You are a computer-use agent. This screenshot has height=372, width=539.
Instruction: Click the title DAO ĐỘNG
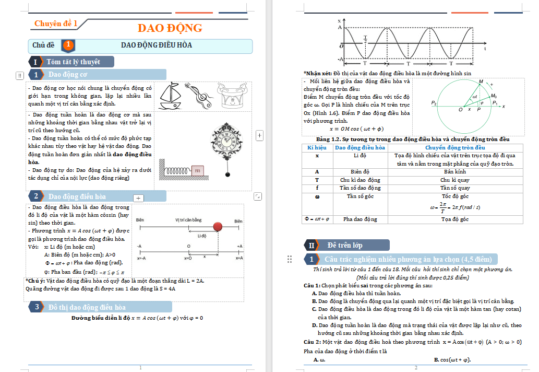pyautogui.click(x=170, y=28)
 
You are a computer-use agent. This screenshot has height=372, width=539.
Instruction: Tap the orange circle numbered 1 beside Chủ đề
pyautogui.click(x=68, y=45)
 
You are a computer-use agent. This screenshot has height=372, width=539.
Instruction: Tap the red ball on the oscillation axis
pyautogui.click(x=218, y=227)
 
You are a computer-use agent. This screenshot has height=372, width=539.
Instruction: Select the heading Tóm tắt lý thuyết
pyautogui.click(x=73, y=62)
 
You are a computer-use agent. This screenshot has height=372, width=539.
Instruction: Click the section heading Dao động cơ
pyautogui.click(x=68, y=75)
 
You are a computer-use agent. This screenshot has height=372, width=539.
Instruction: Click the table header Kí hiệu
pyautogui.click(x=317, y=148)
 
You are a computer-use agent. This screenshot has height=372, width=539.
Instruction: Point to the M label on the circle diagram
pyautogui.click(x=481, y=81)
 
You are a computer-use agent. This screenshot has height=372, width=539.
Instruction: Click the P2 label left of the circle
pyautogui.click(x=434, y=103)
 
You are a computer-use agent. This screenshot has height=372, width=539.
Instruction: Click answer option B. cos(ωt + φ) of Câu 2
pyautogui.click(x=452, y=359)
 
